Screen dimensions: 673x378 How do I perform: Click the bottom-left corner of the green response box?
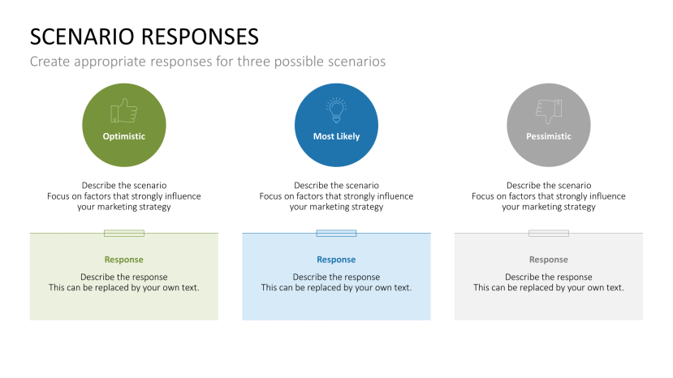tap(30, 320)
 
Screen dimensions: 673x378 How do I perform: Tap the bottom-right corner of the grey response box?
tap(643, 320)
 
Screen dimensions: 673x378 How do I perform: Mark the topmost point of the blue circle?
tap(336, 84)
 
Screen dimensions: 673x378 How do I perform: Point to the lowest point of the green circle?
tap(124, 167)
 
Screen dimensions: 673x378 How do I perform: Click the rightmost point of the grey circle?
tap(590, 125)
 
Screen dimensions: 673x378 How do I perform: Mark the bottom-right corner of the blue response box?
tap(430, 320)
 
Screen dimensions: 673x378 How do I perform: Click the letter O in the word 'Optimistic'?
tap(106, 136)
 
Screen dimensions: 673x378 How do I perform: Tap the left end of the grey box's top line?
tap(455, 233)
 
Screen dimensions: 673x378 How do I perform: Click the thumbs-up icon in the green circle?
tap(124, 110)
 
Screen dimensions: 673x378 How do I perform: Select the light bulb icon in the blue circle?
tap(336, 110)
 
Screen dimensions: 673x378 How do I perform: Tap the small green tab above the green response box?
tap(124, 233)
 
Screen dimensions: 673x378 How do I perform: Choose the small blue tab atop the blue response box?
tap(336, 233)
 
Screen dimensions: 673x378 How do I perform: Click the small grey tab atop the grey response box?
tap(549, 233)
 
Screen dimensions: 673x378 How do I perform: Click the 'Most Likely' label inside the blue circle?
tap(336, 136)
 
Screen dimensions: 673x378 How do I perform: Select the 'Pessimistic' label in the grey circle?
tap(549, 136)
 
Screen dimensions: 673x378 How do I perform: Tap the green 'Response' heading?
tap(124, 260)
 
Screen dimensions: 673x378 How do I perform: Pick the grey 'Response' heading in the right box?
tap(549, 260)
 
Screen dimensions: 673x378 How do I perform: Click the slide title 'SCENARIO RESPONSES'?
tap(145, 37)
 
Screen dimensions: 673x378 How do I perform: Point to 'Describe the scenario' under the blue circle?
tap(336, 186)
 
